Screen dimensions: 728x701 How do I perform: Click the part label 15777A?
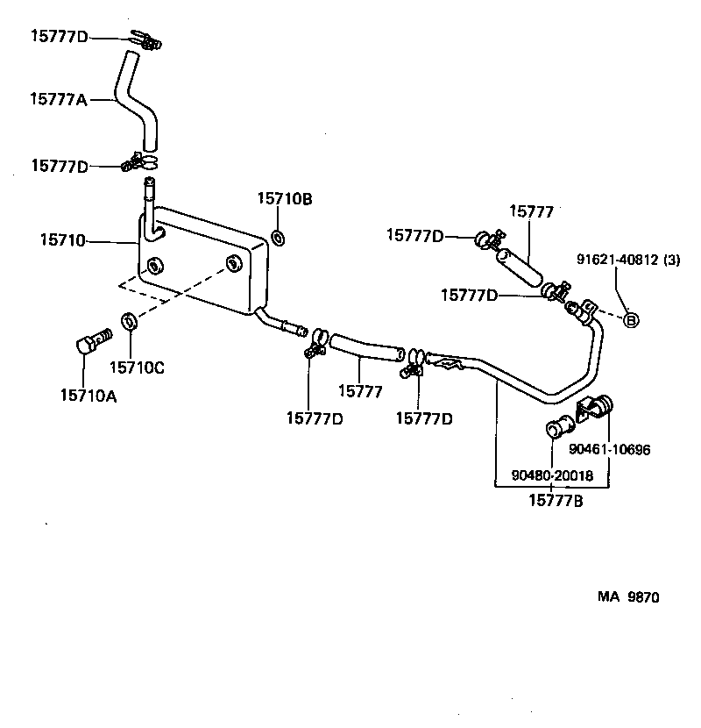click(59, 99)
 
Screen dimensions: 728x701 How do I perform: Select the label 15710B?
click(284, 199)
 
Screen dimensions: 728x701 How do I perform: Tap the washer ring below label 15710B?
click(278, 238)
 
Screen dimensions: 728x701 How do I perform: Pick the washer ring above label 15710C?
click(128, 322)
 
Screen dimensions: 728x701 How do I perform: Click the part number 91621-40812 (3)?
click(628, 259)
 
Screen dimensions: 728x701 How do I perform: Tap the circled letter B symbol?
click(630, 320)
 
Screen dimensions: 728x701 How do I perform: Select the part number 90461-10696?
click(610, 450)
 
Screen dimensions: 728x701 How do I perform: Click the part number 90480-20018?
click(552, 475)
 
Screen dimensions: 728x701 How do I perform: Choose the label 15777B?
click(556, 501)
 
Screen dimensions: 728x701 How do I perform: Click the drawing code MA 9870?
click(628, 597)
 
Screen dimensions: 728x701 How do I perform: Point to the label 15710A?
click(89, 396)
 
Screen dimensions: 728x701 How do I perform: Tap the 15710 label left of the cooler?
click(62, 239)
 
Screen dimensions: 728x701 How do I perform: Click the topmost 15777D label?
click(60, 36)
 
